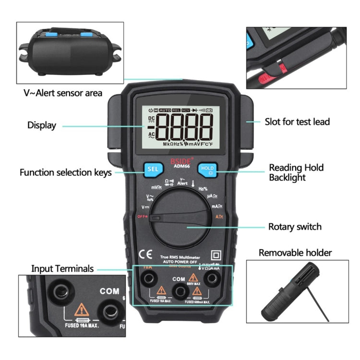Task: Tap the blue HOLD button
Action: pyautogui.click(x=207, y=168)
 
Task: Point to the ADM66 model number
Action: pyautogui.click(x=180, y=168)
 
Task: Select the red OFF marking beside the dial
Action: pyautogui.click(x=142, y=216)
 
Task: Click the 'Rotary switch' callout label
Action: pyautogui.click(x=295, y=227)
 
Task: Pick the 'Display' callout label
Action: pyautogui.click(x=41, y=125)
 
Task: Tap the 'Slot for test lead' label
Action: pyautogui.click(x=297, y=121)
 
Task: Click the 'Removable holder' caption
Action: pyautogui.click(x=295, y=252)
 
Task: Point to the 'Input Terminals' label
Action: pyautogui.click(x=62, y=268)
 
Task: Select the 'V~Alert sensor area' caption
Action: pyautogui.click(x=63, y=93)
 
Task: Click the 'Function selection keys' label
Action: pyautogui.click(x=65, y=172)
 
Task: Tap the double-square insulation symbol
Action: pyautogui.click(x=216, y=254)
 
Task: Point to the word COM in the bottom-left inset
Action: pyautogui.click(x=109, y=291)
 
